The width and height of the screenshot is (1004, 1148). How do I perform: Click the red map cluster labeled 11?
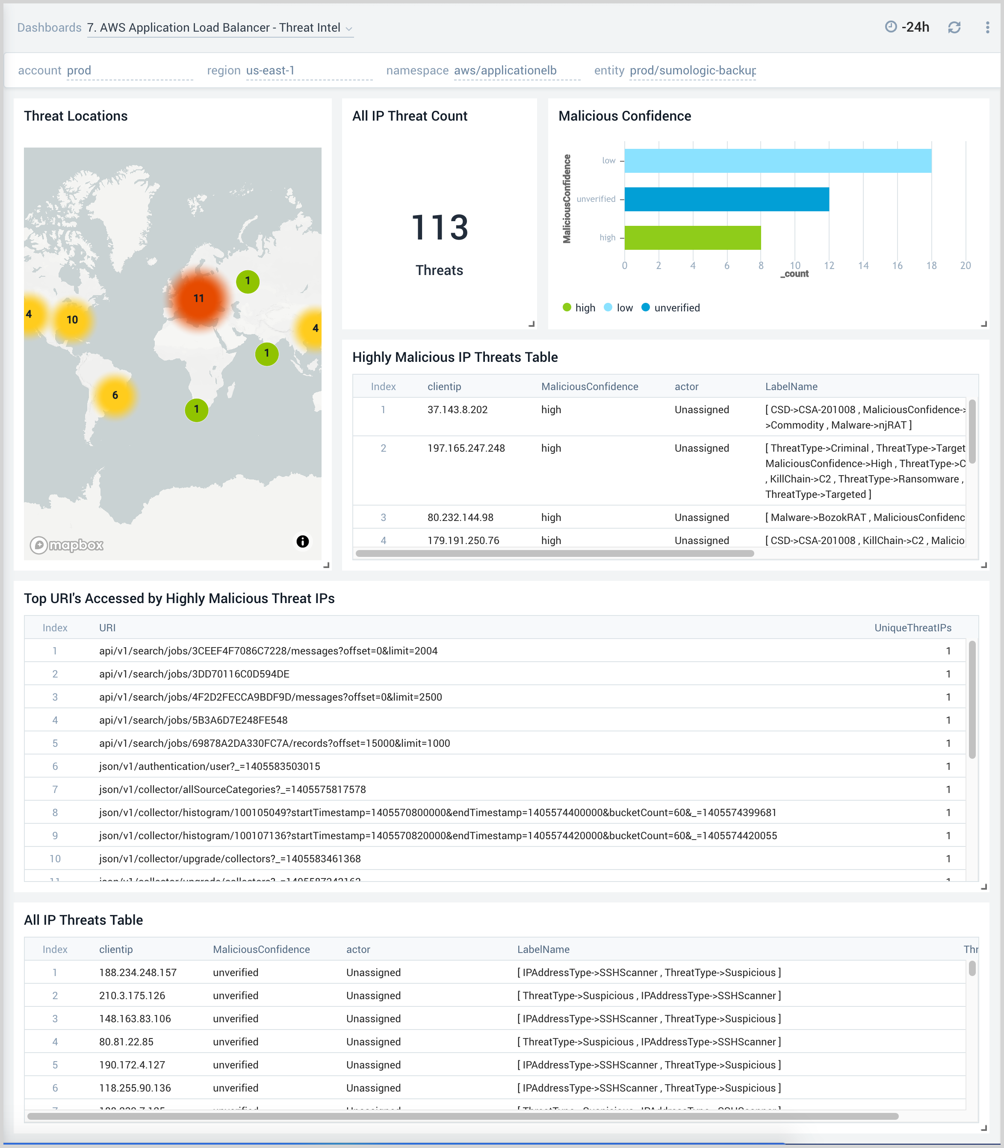click(198, 298)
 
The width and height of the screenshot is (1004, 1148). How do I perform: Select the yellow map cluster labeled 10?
click(72, 320)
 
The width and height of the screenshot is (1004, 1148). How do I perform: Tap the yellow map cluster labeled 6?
click(115, 395)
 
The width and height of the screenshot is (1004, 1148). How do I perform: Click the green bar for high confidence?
click(692, 237)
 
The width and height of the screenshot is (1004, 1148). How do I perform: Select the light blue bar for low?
click(778, 161)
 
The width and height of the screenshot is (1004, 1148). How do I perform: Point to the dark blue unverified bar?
click(726, 199)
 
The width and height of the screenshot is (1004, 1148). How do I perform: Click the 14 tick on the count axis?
click(863, 266)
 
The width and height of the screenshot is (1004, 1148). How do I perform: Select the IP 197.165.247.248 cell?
click(466, 448)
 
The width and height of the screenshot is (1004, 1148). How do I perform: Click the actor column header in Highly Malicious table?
click(686, 387)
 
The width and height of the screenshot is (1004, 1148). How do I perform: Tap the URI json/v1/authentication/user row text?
click(210, 766)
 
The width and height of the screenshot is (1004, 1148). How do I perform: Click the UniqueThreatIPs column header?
click(912, 627)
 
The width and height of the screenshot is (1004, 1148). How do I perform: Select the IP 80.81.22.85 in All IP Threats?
click(126, 1041)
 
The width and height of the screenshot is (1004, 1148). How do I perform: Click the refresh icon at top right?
click(954, 27)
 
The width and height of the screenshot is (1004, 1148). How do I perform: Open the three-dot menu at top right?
click(987, 27)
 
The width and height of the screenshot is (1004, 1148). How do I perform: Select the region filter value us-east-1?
click(270, 71)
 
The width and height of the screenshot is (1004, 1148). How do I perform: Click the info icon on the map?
click(303, 541)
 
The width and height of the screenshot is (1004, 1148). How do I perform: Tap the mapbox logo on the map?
click(67, 544)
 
